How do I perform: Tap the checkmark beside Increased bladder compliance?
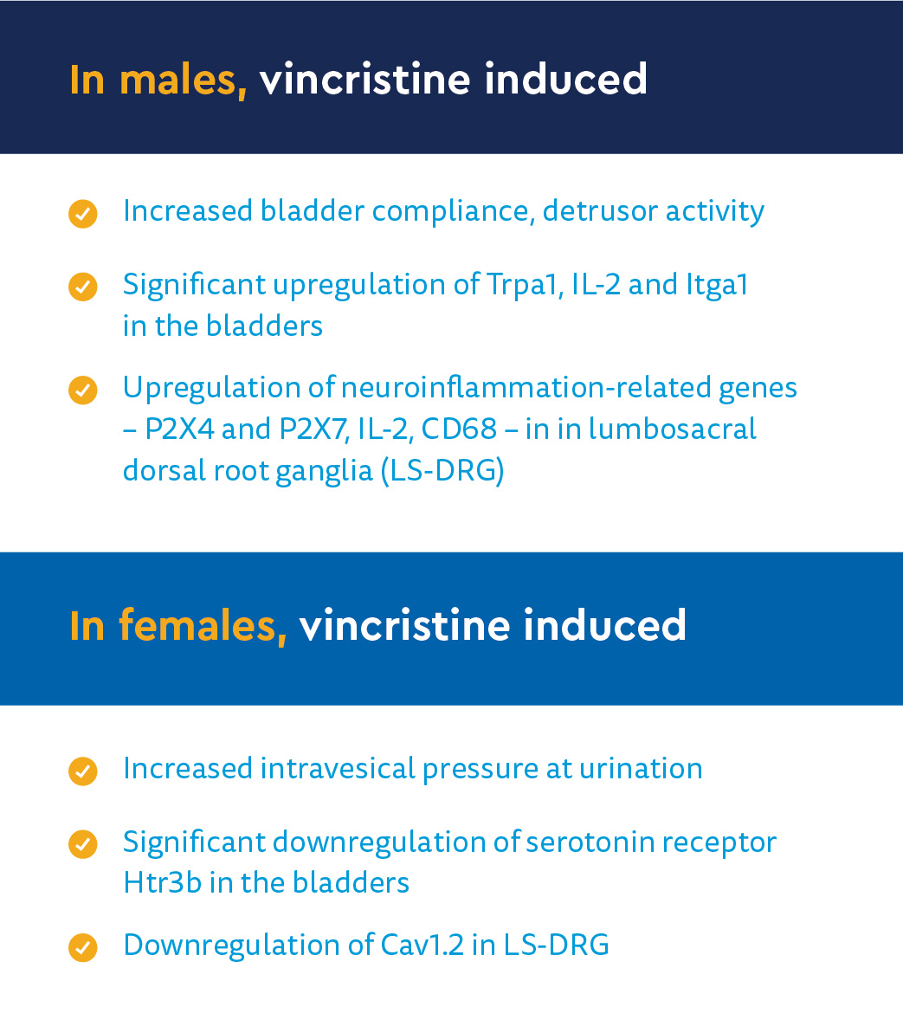82,214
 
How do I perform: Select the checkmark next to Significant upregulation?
82,287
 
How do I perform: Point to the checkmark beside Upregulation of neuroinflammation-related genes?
82,390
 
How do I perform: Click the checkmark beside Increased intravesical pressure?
82,771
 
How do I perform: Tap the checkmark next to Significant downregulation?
82,844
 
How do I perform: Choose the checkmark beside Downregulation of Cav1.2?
82,948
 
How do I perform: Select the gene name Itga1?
716,285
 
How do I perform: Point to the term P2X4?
179,429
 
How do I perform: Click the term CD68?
459,429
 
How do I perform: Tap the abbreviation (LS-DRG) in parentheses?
442,470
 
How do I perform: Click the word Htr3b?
162,882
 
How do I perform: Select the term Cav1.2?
422,945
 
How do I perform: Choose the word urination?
640,769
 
